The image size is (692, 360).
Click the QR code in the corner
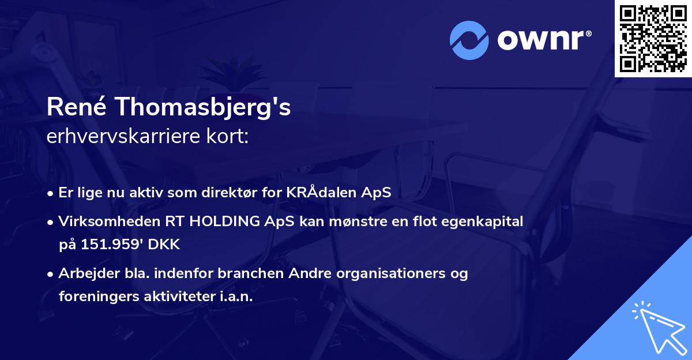[653, 39]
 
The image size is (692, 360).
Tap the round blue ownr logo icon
[469, 40]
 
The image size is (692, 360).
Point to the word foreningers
[96, 296]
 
